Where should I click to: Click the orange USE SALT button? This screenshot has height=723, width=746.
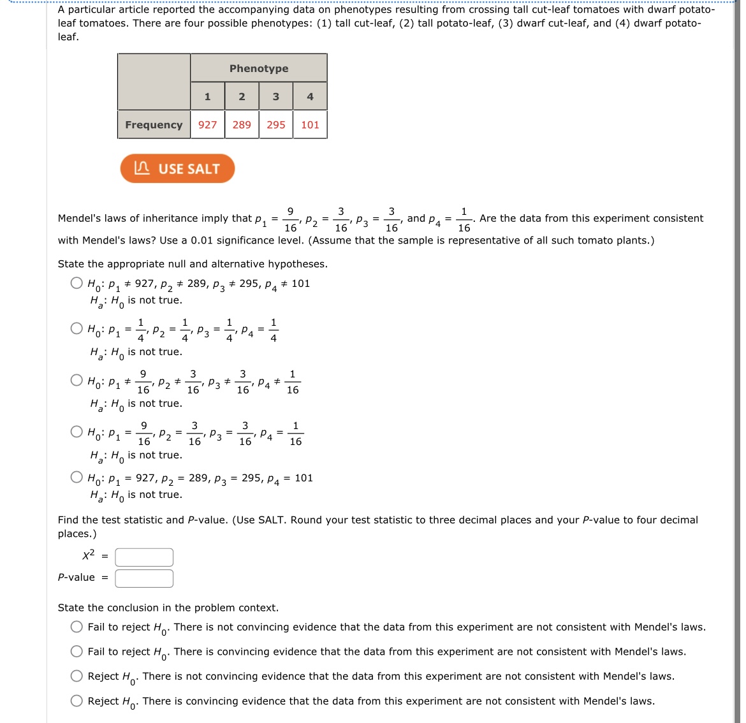tap(177, 169)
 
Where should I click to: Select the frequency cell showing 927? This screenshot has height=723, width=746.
tap(207, 125)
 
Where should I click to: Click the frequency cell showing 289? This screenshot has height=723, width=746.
tap(242, 125)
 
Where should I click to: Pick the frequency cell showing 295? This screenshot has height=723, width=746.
tap(275, 125)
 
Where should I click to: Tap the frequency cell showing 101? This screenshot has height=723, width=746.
tap(310, 125)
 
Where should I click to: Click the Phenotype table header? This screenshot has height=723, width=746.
tap(258, 69)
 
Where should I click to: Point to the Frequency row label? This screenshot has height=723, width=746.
tap(154, 125)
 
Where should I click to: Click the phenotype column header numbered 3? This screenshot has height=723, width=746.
tap(275, 97)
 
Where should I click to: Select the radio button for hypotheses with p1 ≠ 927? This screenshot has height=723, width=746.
tap(77, 283)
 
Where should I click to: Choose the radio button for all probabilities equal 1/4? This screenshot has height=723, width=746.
tap(77, 329)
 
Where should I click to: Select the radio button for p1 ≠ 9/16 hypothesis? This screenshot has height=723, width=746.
tap(77, 381)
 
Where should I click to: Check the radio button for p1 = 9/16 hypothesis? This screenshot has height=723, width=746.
tap(77, 432)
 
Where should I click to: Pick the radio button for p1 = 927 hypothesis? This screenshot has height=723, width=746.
tap(77, 478)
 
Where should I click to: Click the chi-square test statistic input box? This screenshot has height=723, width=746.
tap(144, 557)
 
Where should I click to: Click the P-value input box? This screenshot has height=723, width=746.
tap(144, 578)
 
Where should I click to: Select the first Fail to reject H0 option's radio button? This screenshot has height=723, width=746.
tap(77, 627)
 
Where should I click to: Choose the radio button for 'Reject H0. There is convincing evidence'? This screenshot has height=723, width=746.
tap(77, 701)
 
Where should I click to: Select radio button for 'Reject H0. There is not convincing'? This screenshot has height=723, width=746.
tap(77, 676)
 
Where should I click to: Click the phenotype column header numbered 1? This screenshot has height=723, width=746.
tap(207, 97)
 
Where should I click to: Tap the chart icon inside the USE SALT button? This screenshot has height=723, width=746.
tap(142, 168)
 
